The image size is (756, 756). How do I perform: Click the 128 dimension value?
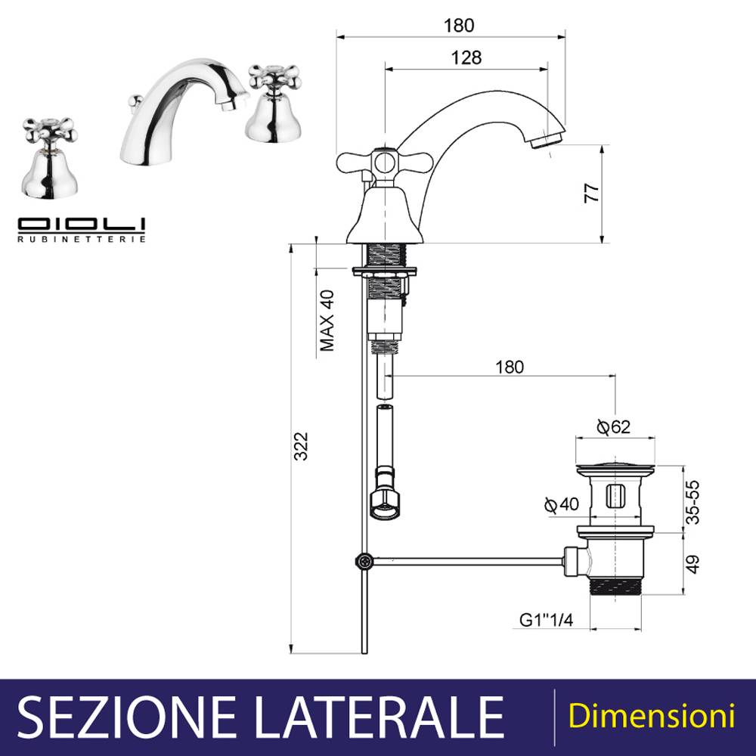point(466,57)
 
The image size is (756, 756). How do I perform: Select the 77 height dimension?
point(592,194)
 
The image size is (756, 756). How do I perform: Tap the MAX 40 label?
point(327,320)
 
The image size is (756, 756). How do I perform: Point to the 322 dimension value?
point(301,447)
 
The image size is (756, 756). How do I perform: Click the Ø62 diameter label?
point(613,426)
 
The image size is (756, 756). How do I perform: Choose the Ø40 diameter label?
point(561,504)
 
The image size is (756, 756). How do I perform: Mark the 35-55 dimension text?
point(692,501)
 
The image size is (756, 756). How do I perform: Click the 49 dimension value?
point(692,565)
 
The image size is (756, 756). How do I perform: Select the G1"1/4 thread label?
point(547,620)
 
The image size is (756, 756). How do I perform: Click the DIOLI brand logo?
point(82,225)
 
